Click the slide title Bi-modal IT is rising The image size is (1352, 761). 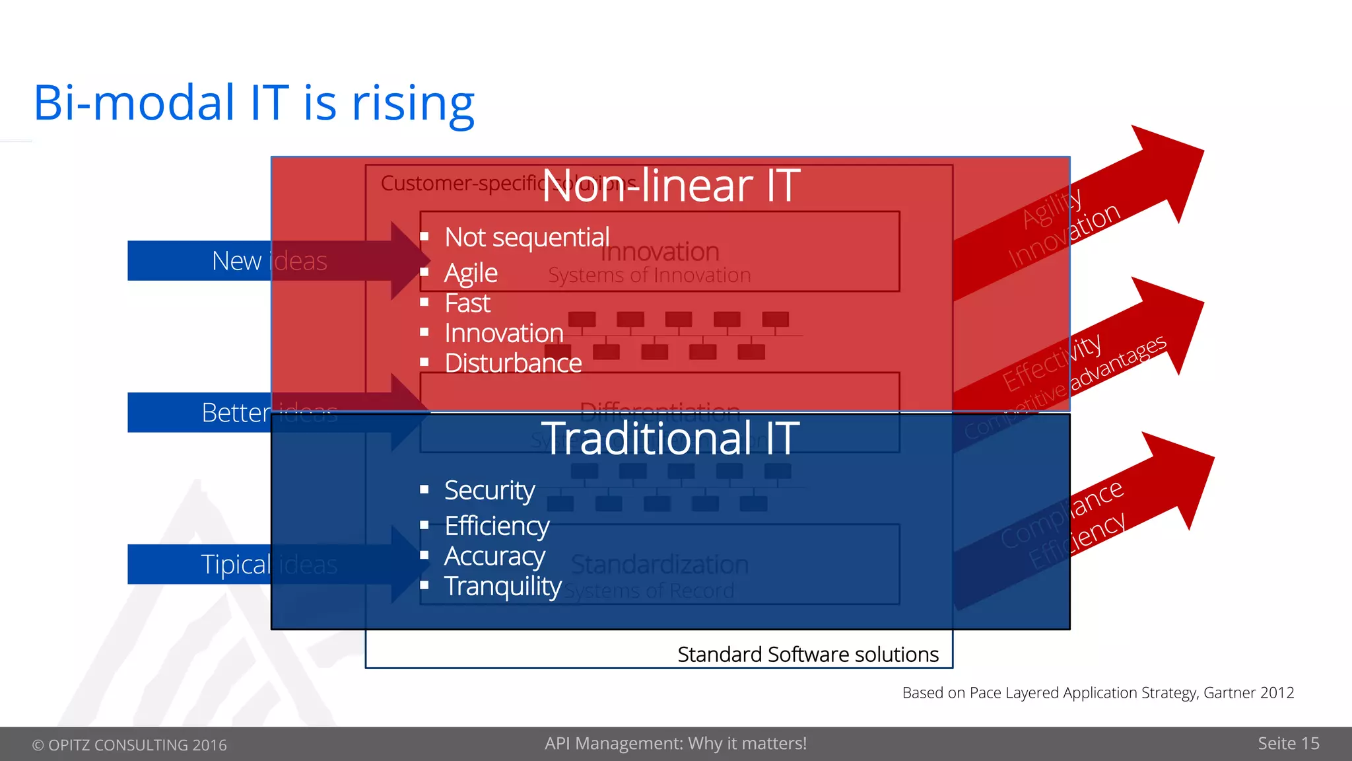point(253,104)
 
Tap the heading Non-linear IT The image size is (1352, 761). point(671,186)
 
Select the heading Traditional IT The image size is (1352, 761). point(671,439)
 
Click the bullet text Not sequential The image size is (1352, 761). point(526,237)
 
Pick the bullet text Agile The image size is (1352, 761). point(471,273)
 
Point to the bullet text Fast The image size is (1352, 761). point(467,303)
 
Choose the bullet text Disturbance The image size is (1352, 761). point(513,363)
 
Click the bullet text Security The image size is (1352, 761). point(489,490)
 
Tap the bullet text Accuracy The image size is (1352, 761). point(494,556)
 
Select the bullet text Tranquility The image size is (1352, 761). point(502,586)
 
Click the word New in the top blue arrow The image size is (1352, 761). point(236,261)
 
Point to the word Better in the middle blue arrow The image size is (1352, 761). point(236,413)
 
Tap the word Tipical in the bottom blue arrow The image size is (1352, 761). point(236,565)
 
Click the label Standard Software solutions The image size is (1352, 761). point(807,654)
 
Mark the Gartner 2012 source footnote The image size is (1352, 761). point(1097,692)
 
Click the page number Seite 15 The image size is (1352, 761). point(1288,743)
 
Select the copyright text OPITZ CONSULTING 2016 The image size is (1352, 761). point(129,744)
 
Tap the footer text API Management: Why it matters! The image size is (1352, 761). point(675,743)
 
